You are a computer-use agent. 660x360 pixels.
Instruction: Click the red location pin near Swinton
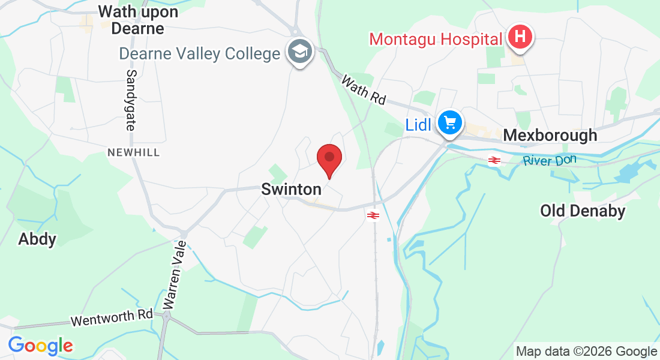pos(329,158)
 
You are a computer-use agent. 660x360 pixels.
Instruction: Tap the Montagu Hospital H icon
pos(520,37)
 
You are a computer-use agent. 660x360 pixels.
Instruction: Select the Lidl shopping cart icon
pos(450,123)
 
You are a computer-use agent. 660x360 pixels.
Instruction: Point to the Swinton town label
pos(292,190)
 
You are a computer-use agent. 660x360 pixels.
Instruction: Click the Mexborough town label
pos(550,136)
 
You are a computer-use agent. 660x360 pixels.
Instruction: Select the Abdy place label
pos(37,239)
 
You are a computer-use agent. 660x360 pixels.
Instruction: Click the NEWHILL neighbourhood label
pos(134,153)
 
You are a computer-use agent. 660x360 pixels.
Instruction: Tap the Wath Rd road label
pos(364,90)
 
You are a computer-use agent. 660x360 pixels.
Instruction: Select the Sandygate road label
pos(131,100)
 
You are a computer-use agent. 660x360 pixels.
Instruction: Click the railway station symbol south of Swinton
pos(373,215)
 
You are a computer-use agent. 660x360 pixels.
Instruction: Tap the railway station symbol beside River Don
pos(494,160)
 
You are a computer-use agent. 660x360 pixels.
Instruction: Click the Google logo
pos(40,346)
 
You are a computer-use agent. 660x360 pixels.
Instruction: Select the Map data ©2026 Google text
pos(587,352)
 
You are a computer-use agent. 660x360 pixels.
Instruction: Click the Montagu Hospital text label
pos(436,40)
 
